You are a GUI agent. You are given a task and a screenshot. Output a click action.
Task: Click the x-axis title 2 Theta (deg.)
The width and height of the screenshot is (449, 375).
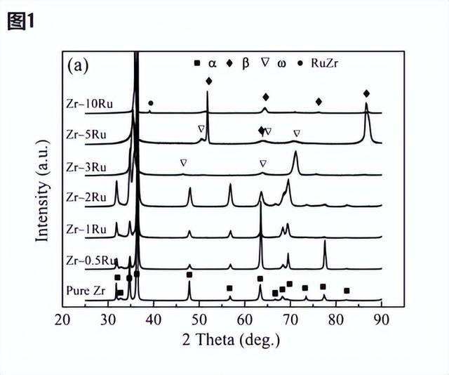pos(222,341)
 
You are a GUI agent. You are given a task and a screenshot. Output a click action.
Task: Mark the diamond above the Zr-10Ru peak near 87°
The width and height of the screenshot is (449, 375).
pos(366,93)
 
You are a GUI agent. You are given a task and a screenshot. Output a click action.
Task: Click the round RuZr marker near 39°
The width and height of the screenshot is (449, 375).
pos(151,103)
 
